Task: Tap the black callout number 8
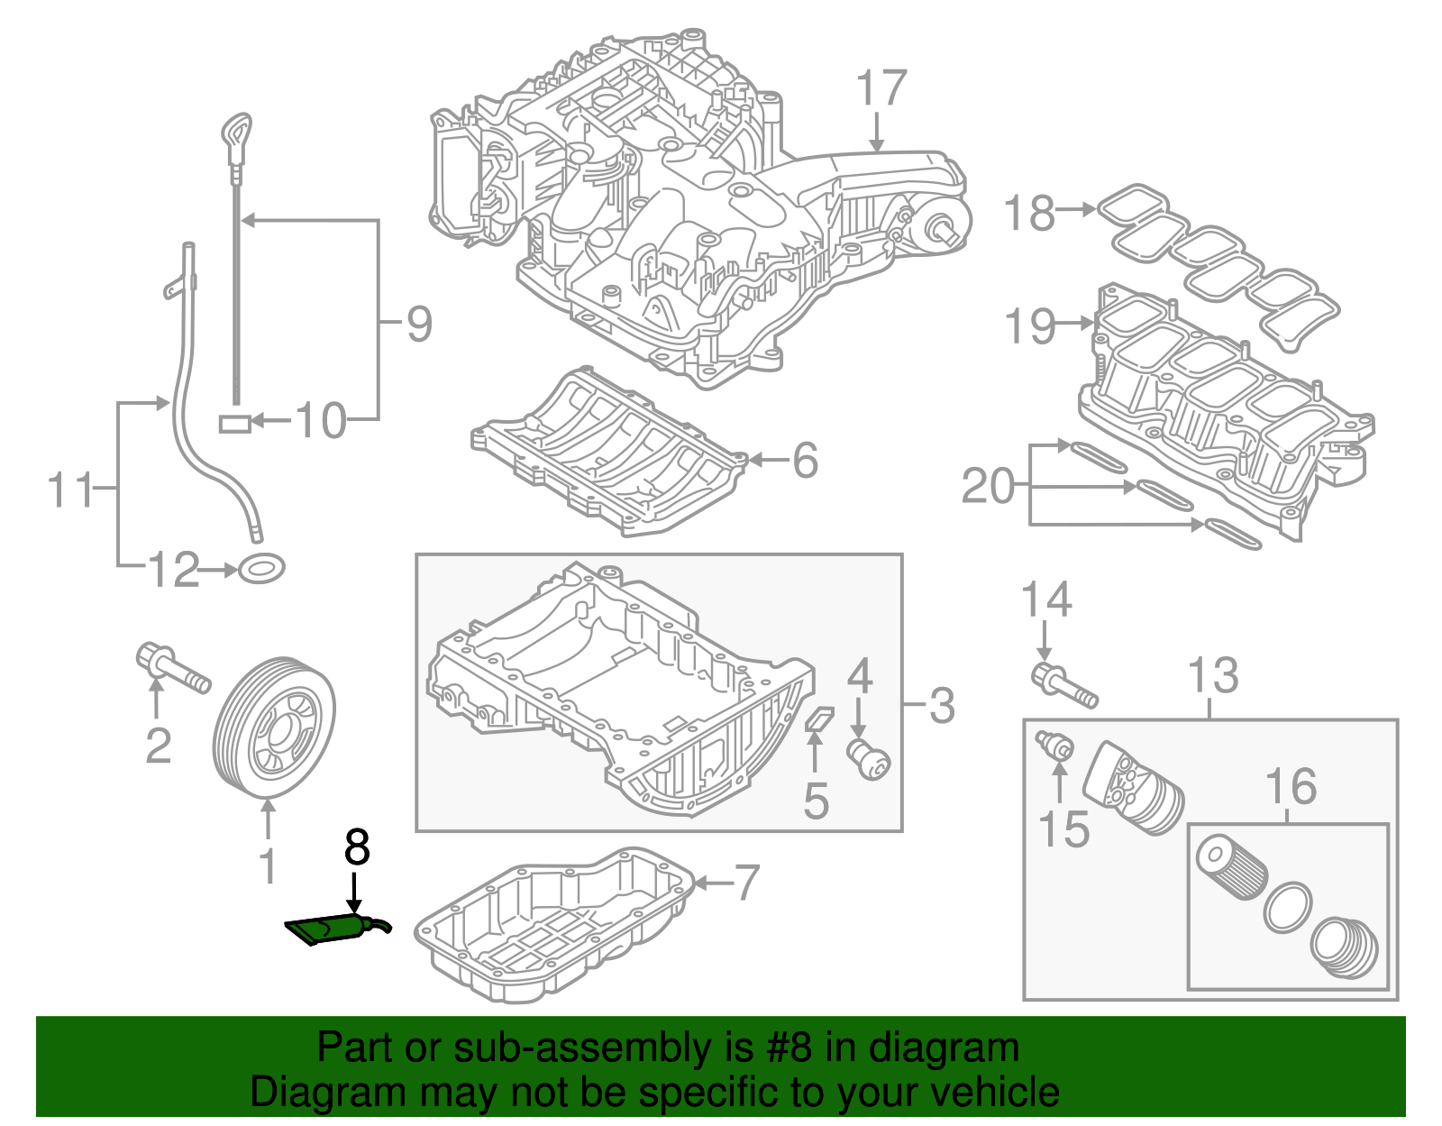[357, 848]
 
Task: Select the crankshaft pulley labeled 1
[274, 729]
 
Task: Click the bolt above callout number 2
[171, 668]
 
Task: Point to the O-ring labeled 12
[262, 570]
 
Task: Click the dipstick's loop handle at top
[237, 136]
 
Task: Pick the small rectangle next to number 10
[235, 423]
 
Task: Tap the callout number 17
[881, 88]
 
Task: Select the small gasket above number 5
[819, 718]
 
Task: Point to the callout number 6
[805, 460]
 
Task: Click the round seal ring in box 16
[1287, 908]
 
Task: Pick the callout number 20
[988, 486]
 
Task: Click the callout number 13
[1213, 675]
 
